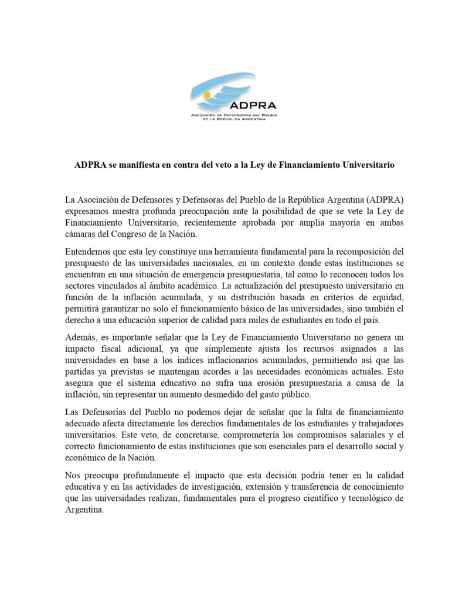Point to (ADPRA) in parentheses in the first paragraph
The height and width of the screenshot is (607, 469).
pos(381,199)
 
